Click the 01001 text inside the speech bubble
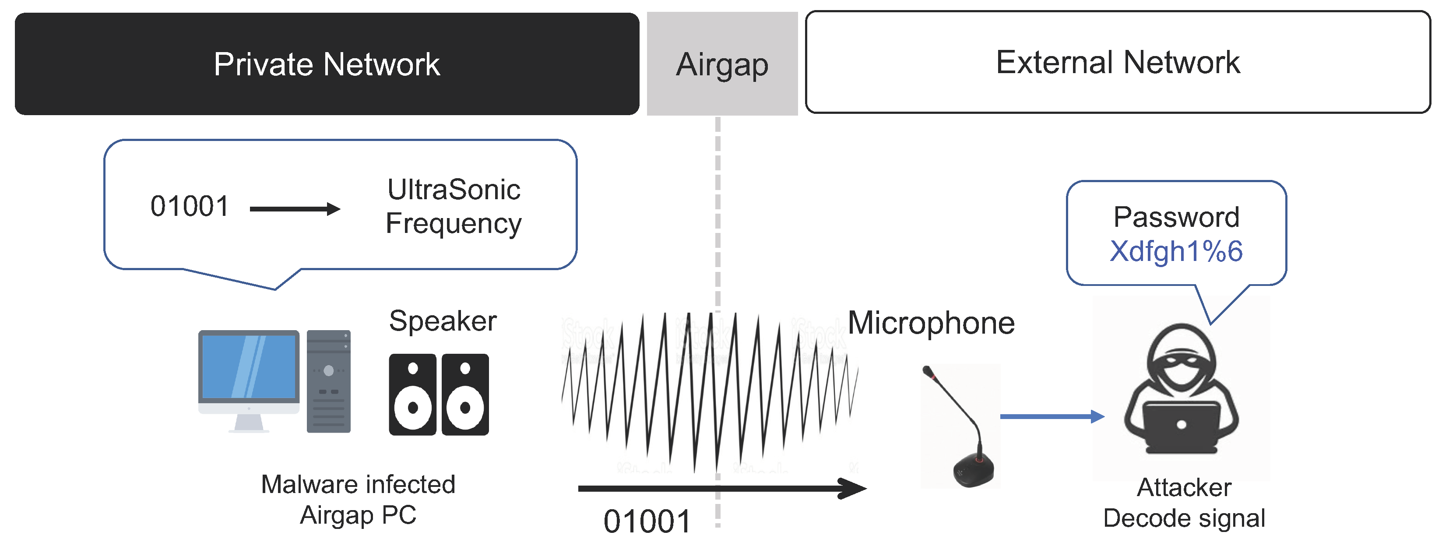tap(190, 206)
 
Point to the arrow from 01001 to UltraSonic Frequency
tap(295, 209)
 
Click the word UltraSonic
tap(454, 189)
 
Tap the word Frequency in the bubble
tap(454, 223)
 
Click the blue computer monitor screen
tap(249, 367)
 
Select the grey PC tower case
tap(329, 381)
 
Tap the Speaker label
tap(443, 321)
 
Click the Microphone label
tap(931, 323)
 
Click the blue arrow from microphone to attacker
tap(1051, 416)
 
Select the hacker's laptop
tap(1181, 426)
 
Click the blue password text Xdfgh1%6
tap(1176, 251)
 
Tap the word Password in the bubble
tap(1176, 217)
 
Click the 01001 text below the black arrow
tap(647, 521)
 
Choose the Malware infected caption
tap(358, 484)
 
